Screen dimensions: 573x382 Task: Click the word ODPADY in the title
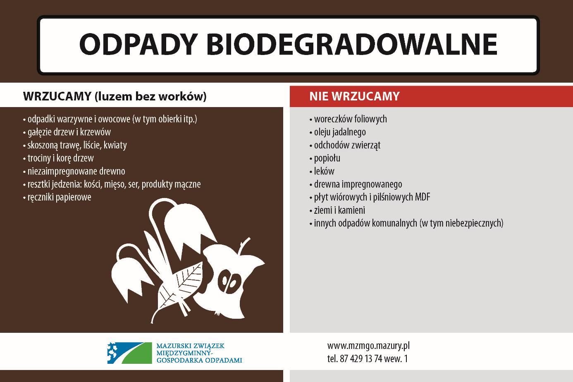(x=138, y=44)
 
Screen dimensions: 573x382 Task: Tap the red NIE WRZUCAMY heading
(x=354, y=96)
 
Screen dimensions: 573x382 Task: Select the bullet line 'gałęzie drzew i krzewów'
(x=67, y=132)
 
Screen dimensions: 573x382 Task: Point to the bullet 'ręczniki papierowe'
(x=57, y=197)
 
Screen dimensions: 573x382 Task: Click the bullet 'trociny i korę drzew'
(x=59, y=158)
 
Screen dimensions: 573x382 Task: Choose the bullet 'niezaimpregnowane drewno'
(x=74, y=171)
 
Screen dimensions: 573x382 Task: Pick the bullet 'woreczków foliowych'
(x=348, y=119)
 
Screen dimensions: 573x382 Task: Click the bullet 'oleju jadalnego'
(x=338, y=132)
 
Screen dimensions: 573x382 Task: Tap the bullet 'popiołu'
(x=325, y=158)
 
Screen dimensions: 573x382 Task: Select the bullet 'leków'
(x=322, y=171)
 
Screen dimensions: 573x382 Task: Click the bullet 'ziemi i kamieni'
(x=337, y=210)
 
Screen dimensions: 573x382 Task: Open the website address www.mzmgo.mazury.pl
(x=368, y=346)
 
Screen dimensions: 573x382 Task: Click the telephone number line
(x=368, y=359)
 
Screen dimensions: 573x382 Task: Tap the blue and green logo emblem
(x=130, y=353)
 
